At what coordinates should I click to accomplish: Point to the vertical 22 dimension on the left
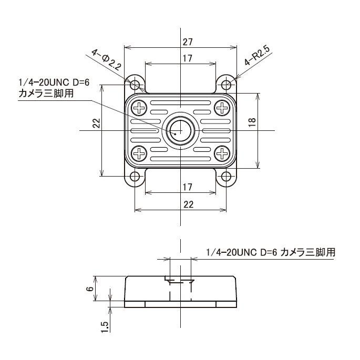click(96, 124)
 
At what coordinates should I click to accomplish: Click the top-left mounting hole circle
click(135, 84)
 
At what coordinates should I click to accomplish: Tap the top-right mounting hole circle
click(227, 84)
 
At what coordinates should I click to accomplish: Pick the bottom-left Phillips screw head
click(140, 153)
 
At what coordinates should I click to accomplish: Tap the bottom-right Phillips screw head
click(222, 153)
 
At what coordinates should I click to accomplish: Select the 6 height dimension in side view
click(90, 289)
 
